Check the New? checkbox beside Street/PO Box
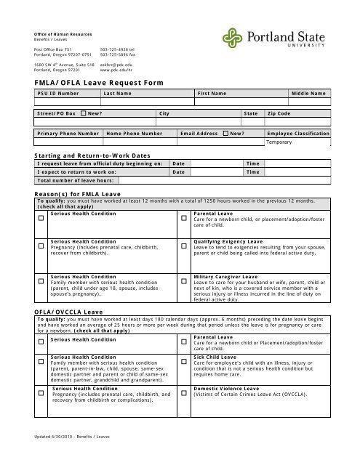[x=84, y=114]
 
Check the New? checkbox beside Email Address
[x=225, y=134]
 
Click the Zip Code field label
[x=279, y=114]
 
